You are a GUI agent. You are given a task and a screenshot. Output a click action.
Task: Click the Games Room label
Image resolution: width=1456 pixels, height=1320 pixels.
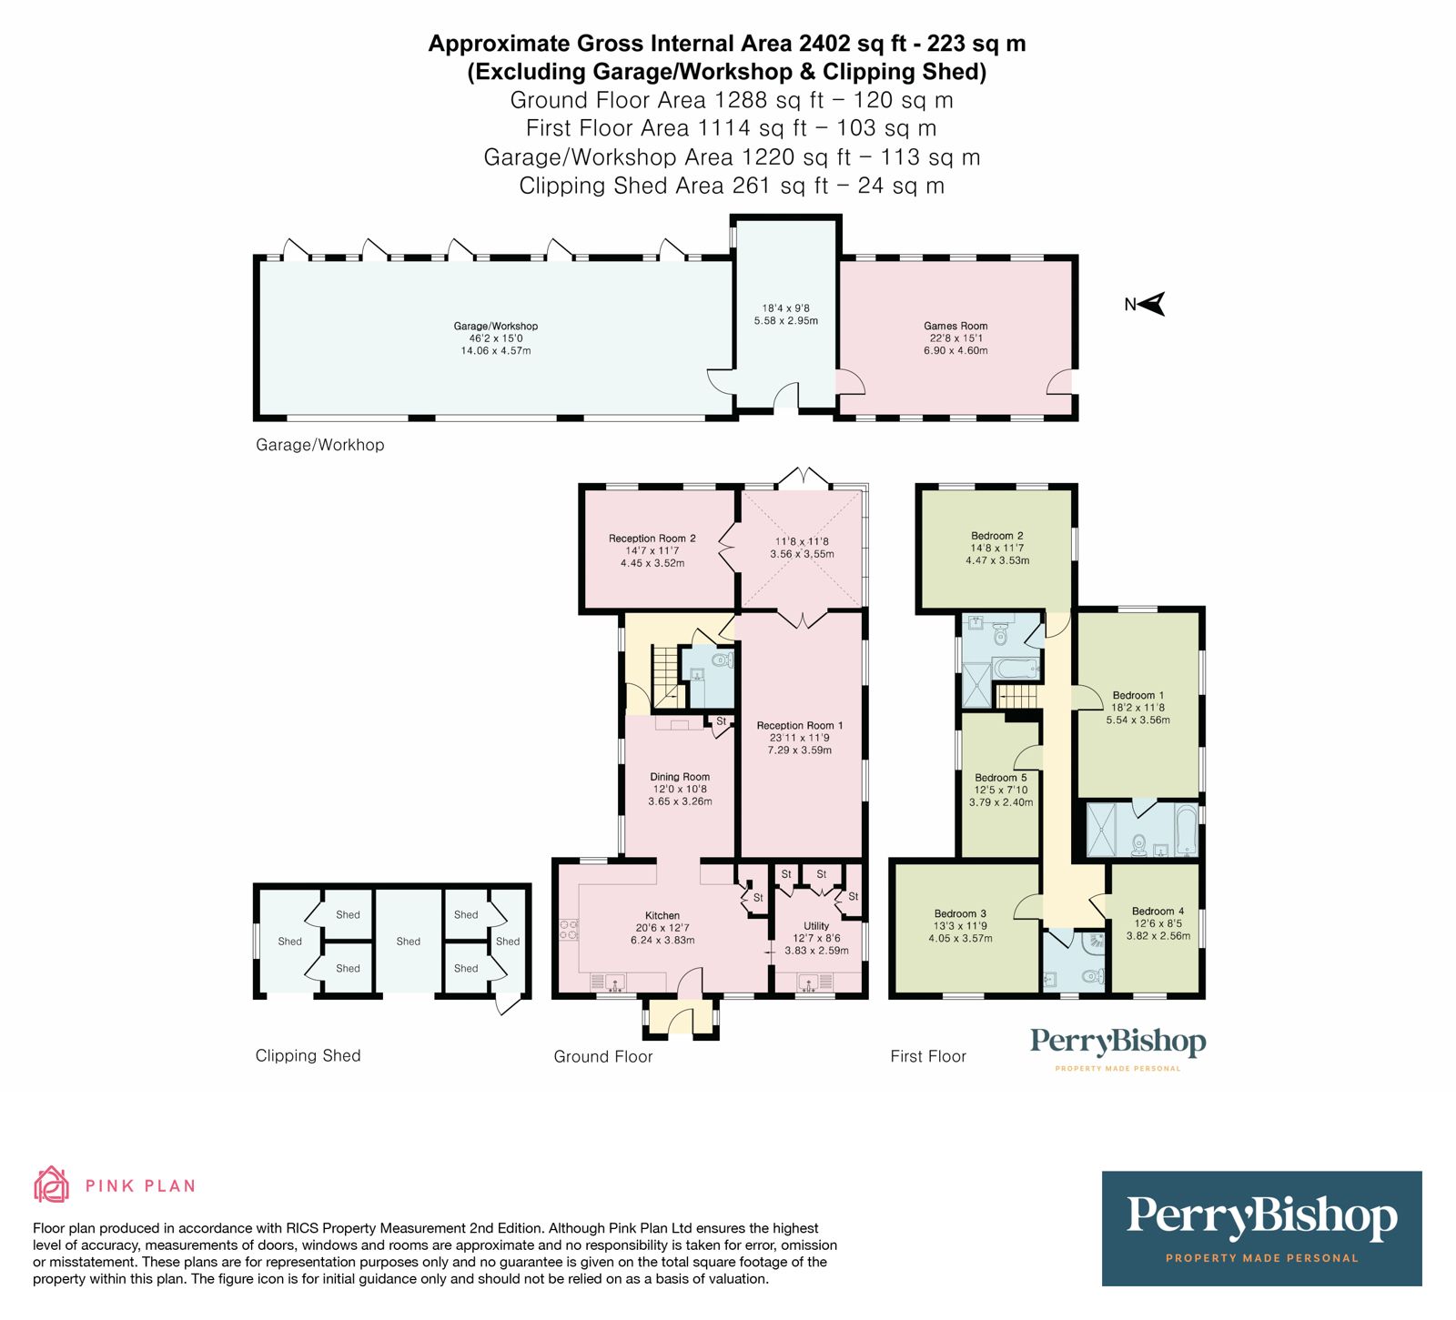point(955,326)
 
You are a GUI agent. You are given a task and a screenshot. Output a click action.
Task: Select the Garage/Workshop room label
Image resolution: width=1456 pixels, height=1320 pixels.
point(495,326)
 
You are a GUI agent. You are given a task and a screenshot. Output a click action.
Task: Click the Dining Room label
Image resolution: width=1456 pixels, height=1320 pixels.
point(679,777)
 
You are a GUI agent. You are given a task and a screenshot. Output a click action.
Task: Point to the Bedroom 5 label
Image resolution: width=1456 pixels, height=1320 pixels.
point(1000,778)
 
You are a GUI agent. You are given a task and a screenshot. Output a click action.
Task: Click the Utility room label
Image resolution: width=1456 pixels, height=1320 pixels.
point(816,926)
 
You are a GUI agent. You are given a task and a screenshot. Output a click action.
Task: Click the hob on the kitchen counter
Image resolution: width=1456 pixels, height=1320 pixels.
point(569,929)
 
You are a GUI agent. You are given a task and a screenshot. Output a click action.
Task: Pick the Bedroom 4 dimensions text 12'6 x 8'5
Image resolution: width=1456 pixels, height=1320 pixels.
point(1158,923)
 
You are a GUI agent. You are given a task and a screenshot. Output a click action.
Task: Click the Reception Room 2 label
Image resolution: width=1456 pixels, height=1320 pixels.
point(652,539)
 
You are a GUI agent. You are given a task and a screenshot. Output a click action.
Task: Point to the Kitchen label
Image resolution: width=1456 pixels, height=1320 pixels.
point(662,916)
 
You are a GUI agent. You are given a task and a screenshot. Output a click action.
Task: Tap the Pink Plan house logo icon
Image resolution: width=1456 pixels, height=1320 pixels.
point(52,1184)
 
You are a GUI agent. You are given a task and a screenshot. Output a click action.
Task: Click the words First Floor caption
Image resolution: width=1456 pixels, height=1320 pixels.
point(927,1056)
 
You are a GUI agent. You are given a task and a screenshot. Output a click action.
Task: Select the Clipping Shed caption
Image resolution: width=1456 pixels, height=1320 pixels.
point(308,1055)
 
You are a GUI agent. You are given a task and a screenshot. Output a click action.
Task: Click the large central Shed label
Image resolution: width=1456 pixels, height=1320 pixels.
point(409,942)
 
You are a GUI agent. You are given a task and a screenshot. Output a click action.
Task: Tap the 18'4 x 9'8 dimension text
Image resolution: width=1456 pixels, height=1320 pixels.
point(785,308)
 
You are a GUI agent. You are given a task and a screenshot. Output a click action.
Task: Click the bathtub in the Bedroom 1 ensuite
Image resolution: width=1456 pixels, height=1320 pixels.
point(1184,830)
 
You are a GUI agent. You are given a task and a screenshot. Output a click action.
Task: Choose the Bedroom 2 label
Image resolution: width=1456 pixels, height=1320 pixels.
point(996,536)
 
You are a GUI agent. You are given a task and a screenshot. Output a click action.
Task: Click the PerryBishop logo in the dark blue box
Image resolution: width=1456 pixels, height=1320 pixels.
point(1261,1217)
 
